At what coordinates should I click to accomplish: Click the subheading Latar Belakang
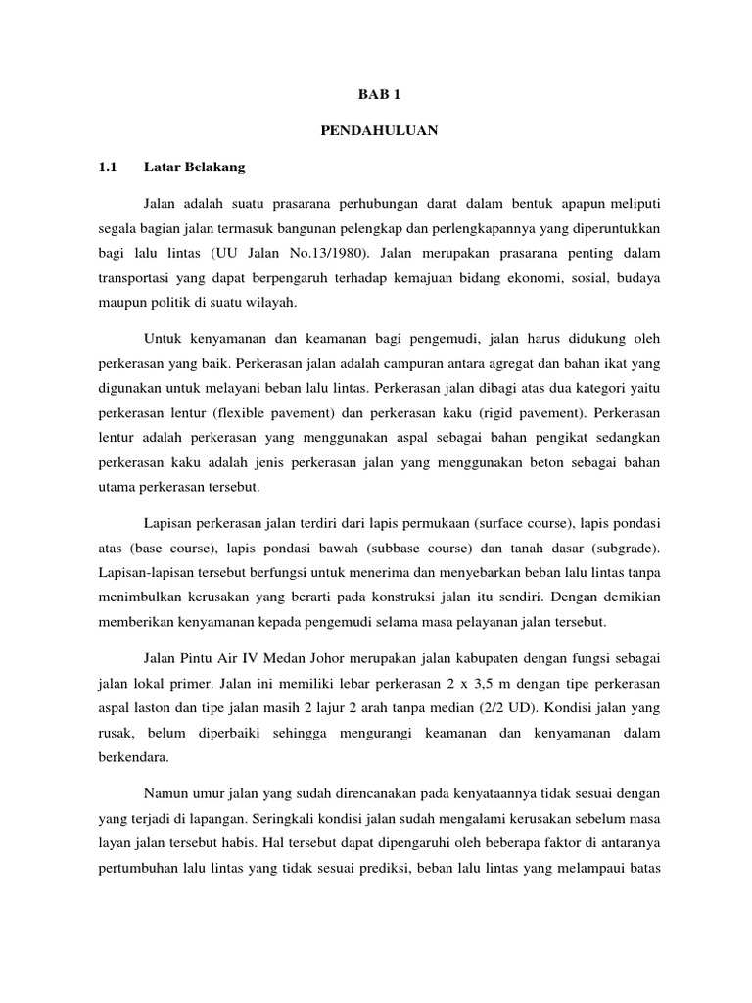point(195,167)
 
